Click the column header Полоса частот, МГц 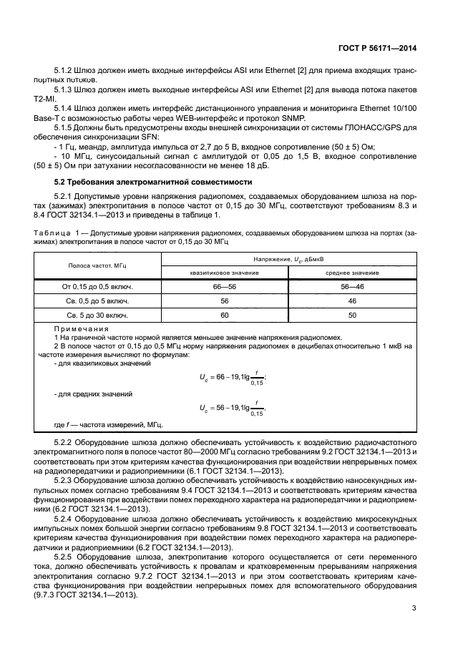(x=97, y=265)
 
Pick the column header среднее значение (x=352, y=273)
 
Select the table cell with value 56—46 (x=352, y=286)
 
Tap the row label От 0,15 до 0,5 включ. (x=97, y=286)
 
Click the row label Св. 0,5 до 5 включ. (x=97, y=301)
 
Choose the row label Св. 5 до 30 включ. (x=97, y=315)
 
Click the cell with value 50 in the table (x=352, y=315)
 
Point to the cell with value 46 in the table (x=352, y=301)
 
